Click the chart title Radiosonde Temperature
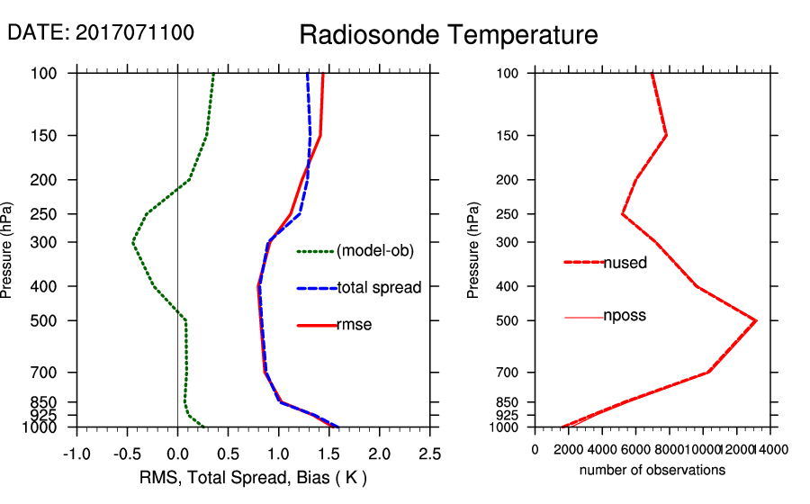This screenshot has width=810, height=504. point(448,35)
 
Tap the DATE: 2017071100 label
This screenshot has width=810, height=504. point(101,32)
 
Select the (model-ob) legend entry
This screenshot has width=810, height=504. point(374,251)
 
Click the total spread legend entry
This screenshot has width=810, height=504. point(378,288)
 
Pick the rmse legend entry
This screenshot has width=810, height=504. point(354,325)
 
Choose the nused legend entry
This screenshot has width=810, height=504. point(625,263)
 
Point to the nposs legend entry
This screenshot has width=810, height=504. point(625,316)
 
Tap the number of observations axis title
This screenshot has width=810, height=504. point(652,470)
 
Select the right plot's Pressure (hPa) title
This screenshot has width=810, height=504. point(474,250)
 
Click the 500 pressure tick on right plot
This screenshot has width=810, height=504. point(508,320)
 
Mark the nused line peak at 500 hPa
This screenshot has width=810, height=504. point(756,320)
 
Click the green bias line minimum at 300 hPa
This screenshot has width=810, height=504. point(133,243)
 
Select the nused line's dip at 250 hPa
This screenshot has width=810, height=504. point(622,214)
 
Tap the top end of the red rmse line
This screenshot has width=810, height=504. point(323,74)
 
